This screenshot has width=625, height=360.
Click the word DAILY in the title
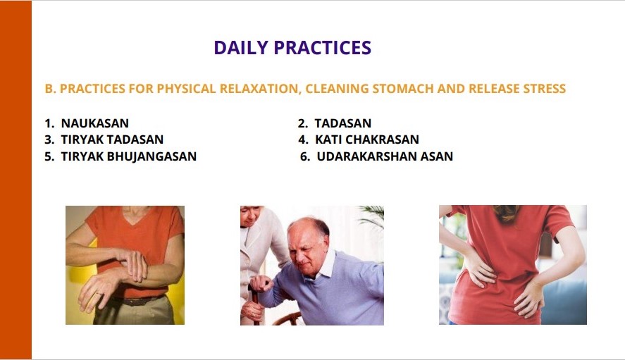coord(241,47)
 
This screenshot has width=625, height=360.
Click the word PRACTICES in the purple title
coord(323,47)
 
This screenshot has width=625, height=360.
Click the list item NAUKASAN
coord(95,123)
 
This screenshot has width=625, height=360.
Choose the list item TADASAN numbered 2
coord(342,123)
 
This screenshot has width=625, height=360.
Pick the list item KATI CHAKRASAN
coord(366,139)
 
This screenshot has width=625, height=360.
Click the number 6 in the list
coord(304,156)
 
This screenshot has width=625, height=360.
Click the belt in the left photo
coord(135,301)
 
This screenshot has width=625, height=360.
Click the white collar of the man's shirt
coord(325,265)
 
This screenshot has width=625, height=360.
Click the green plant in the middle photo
coord(372,216)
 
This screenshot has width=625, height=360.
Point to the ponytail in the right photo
coord(506,213)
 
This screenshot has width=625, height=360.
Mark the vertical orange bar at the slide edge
coord(16,180)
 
